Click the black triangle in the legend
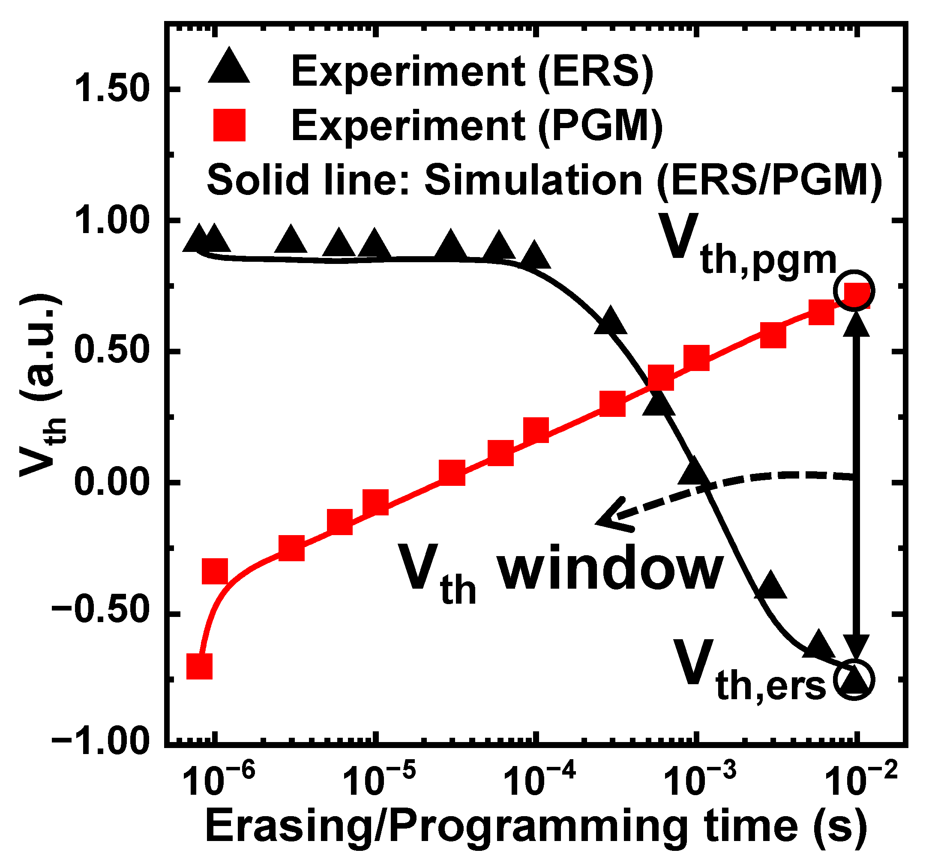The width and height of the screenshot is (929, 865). (x=228, y=67)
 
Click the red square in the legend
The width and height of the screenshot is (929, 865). (x=228, y=125)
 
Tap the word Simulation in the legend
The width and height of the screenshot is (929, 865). (x=533, y=180)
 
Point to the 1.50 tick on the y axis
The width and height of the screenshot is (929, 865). (x=112, y=89)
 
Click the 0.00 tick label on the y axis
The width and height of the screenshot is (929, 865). (x=112, y=482)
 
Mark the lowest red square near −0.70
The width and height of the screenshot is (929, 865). (x=200, y=666)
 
